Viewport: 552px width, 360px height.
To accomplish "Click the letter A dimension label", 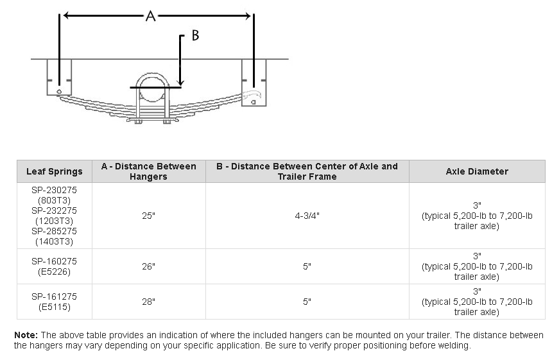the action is (x=151, y=16).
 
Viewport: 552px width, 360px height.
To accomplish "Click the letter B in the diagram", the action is (x=195, y=35).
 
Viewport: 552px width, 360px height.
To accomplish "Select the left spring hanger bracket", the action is (x=59, y=78).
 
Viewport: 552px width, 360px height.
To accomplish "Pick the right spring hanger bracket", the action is (x=254, y=83).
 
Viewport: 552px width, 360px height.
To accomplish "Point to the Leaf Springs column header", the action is (x=55, y=171).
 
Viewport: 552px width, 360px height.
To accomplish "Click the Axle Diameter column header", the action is (x=477, y=171).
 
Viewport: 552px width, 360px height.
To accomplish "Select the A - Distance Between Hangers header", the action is (x=148, y=171).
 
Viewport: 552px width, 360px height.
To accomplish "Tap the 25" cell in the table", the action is (x=148, y=216).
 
